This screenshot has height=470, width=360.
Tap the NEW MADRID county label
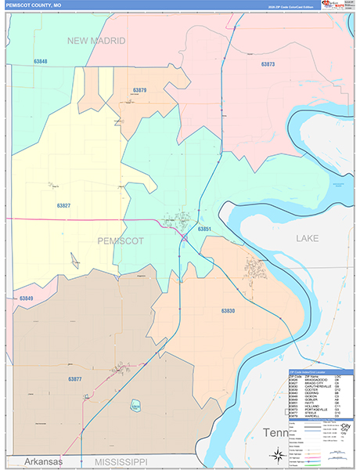[95, 40]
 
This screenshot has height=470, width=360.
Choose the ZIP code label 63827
[63, 205]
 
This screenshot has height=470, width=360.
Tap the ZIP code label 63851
[205, 229]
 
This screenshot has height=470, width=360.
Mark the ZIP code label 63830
[227, 311]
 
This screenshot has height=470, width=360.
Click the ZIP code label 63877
[74, 379]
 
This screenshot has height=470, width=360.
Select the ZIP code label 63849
[26, 298]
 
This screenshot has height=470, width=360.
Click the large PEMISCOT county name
[121, 241]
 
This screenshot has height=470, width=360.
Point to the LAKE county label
[307, 237]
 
